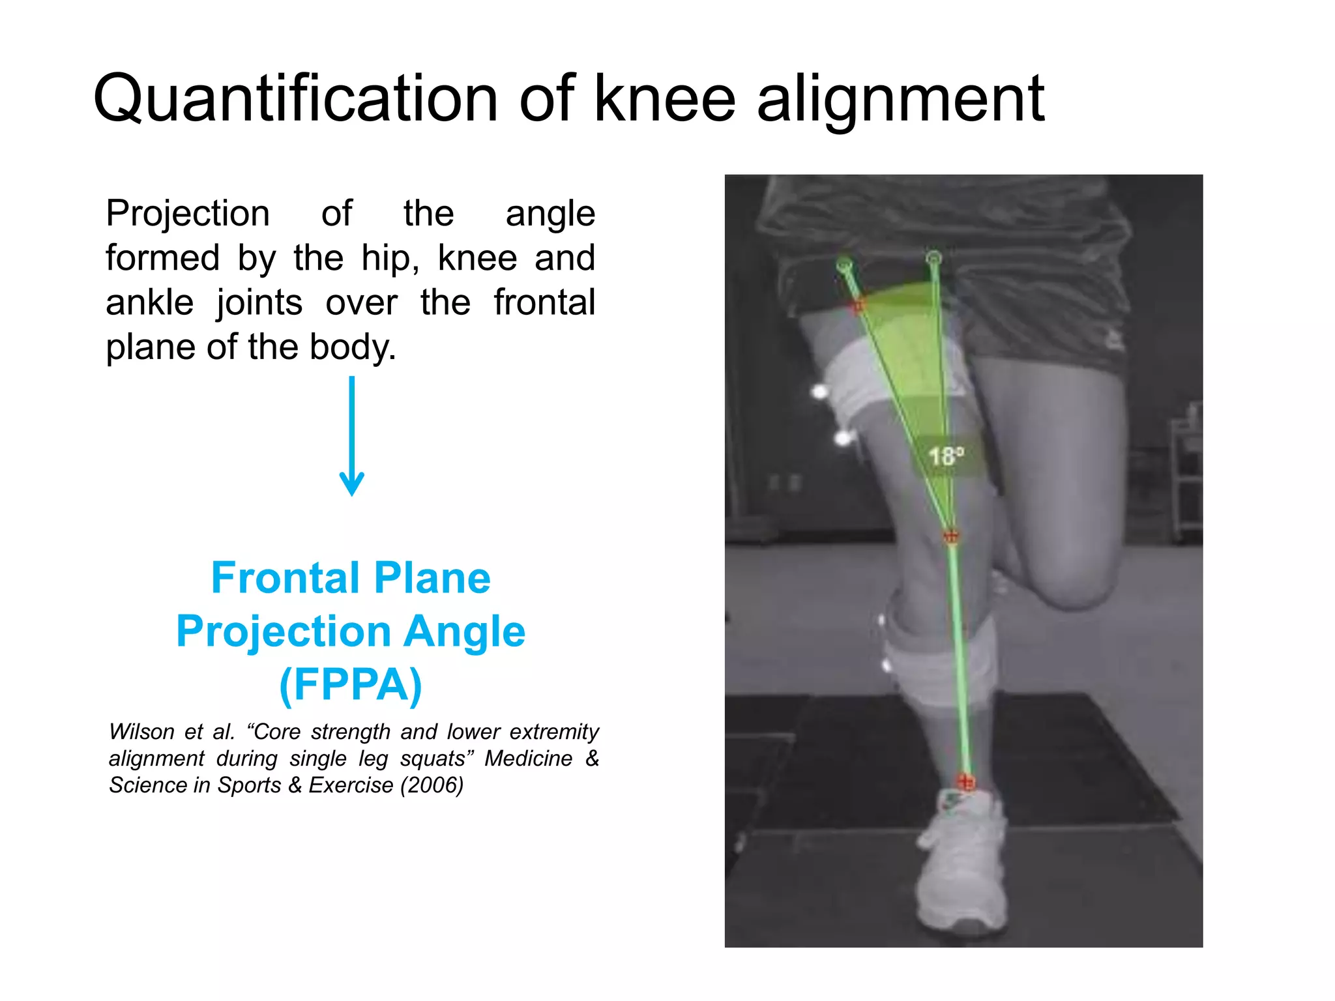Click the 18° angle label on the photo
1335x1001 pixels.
click(x=945, y=456)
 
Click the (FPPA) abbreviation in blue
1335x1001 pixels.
click(x=351, y=684)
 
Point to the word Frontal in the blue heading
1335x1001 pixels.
click(x=285, y=578)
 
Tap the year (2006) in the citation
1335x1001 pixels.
click(x=432, y=785)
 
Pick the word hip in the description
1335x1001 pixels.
click(x=387, y=258)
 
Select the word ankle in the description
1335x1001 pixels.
click(x=150, y=302)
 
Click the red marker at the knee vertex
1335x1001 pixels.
click(x=951, y=536)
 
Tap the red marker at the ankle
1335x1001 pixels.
click(x=965, y=781)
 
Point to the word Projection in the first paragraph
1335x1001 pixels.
click(x=188, y=214)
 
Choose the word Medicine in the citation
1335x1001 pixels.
click(x=528, y=758)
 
